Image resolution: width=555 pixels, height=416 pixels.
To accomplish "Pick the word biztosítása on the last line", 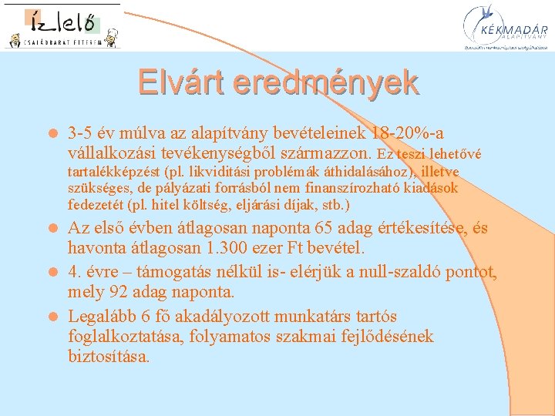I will point(108,357).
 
